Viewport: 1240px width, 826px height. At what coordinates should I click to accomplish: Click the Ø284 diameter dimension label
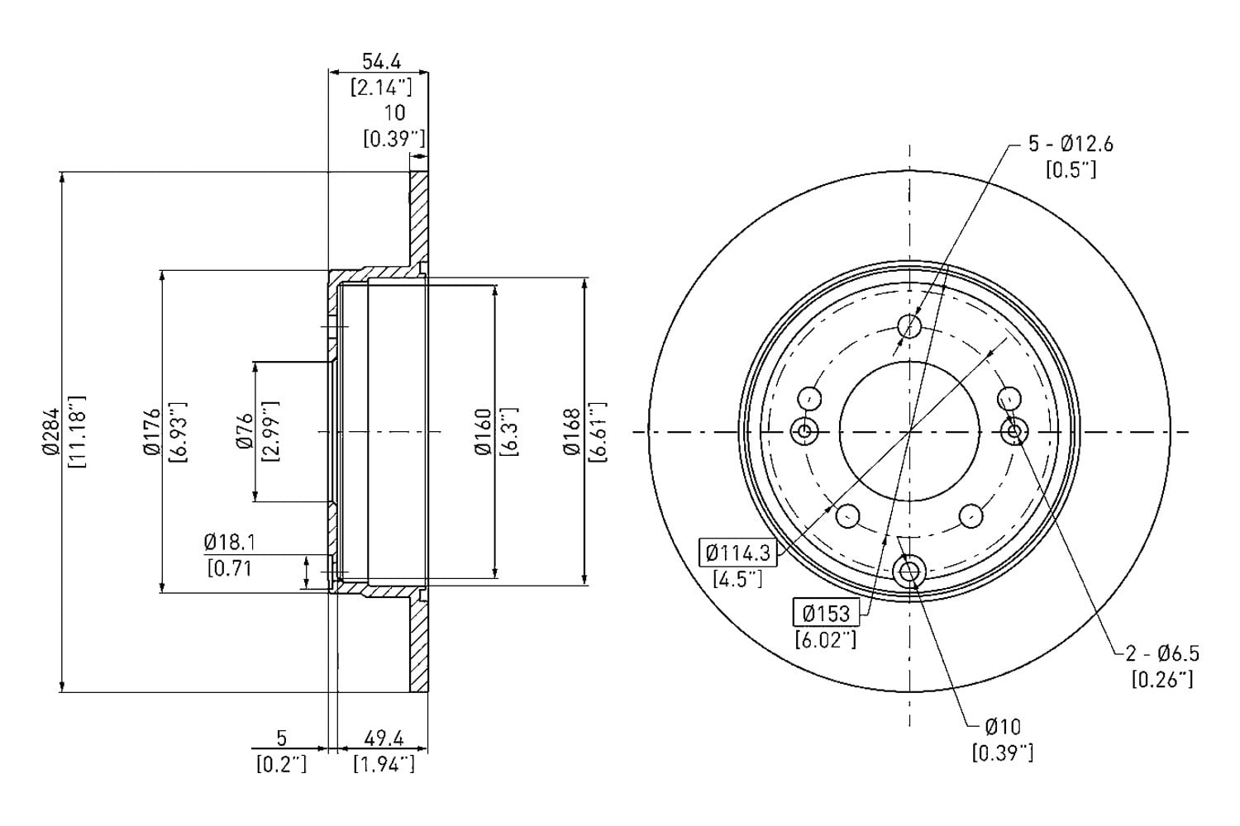(50, 432)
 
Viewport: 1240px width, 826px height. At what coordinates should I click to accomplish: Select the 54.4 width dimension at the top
(381, 61)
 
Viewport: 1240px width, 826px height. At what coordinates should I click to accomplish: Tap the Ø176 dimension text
(151, 432)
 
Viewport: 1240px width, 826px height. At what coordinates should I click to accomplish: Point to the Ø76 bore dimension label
(244, 431)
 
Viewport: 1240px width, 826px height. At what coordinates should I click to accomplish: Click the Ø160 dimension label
(483, 432)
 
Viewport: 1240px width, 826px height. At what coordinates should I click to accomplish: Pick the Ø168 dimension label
(571, 432)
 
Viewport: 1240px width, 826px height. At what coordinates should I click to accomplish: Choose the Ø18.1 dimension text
(230, 542)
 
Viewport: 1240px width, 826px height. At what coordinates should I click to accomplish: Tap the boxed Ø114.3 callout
(738, 552)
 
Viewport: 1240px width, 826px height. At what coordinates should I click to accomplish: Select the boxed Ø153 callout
(826, 612)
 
